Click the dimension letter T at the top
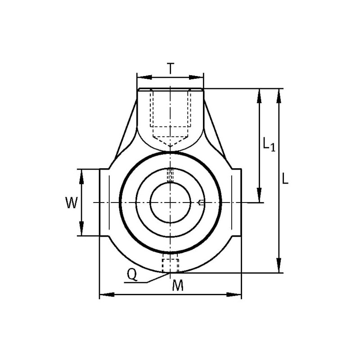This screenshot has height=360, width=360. pos(170,68)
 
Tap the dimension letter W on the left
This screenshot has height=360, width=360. pos(72,203)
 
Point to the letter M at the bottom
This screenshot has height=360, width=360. pos(178,285)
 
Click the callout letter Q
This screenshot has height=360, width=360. pos(132,274)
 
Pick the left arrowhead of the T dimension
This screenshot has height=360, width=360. pos(144,77)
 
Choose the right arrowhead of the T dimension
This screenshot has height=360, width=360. pos(196,77)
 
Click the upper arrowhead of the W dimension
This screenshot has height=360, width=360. pos(81,177)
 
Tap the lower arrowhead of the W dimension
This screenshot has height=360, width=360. pos(81,228)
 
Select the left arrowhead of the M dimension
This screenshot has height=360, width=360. pos(107,294)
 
